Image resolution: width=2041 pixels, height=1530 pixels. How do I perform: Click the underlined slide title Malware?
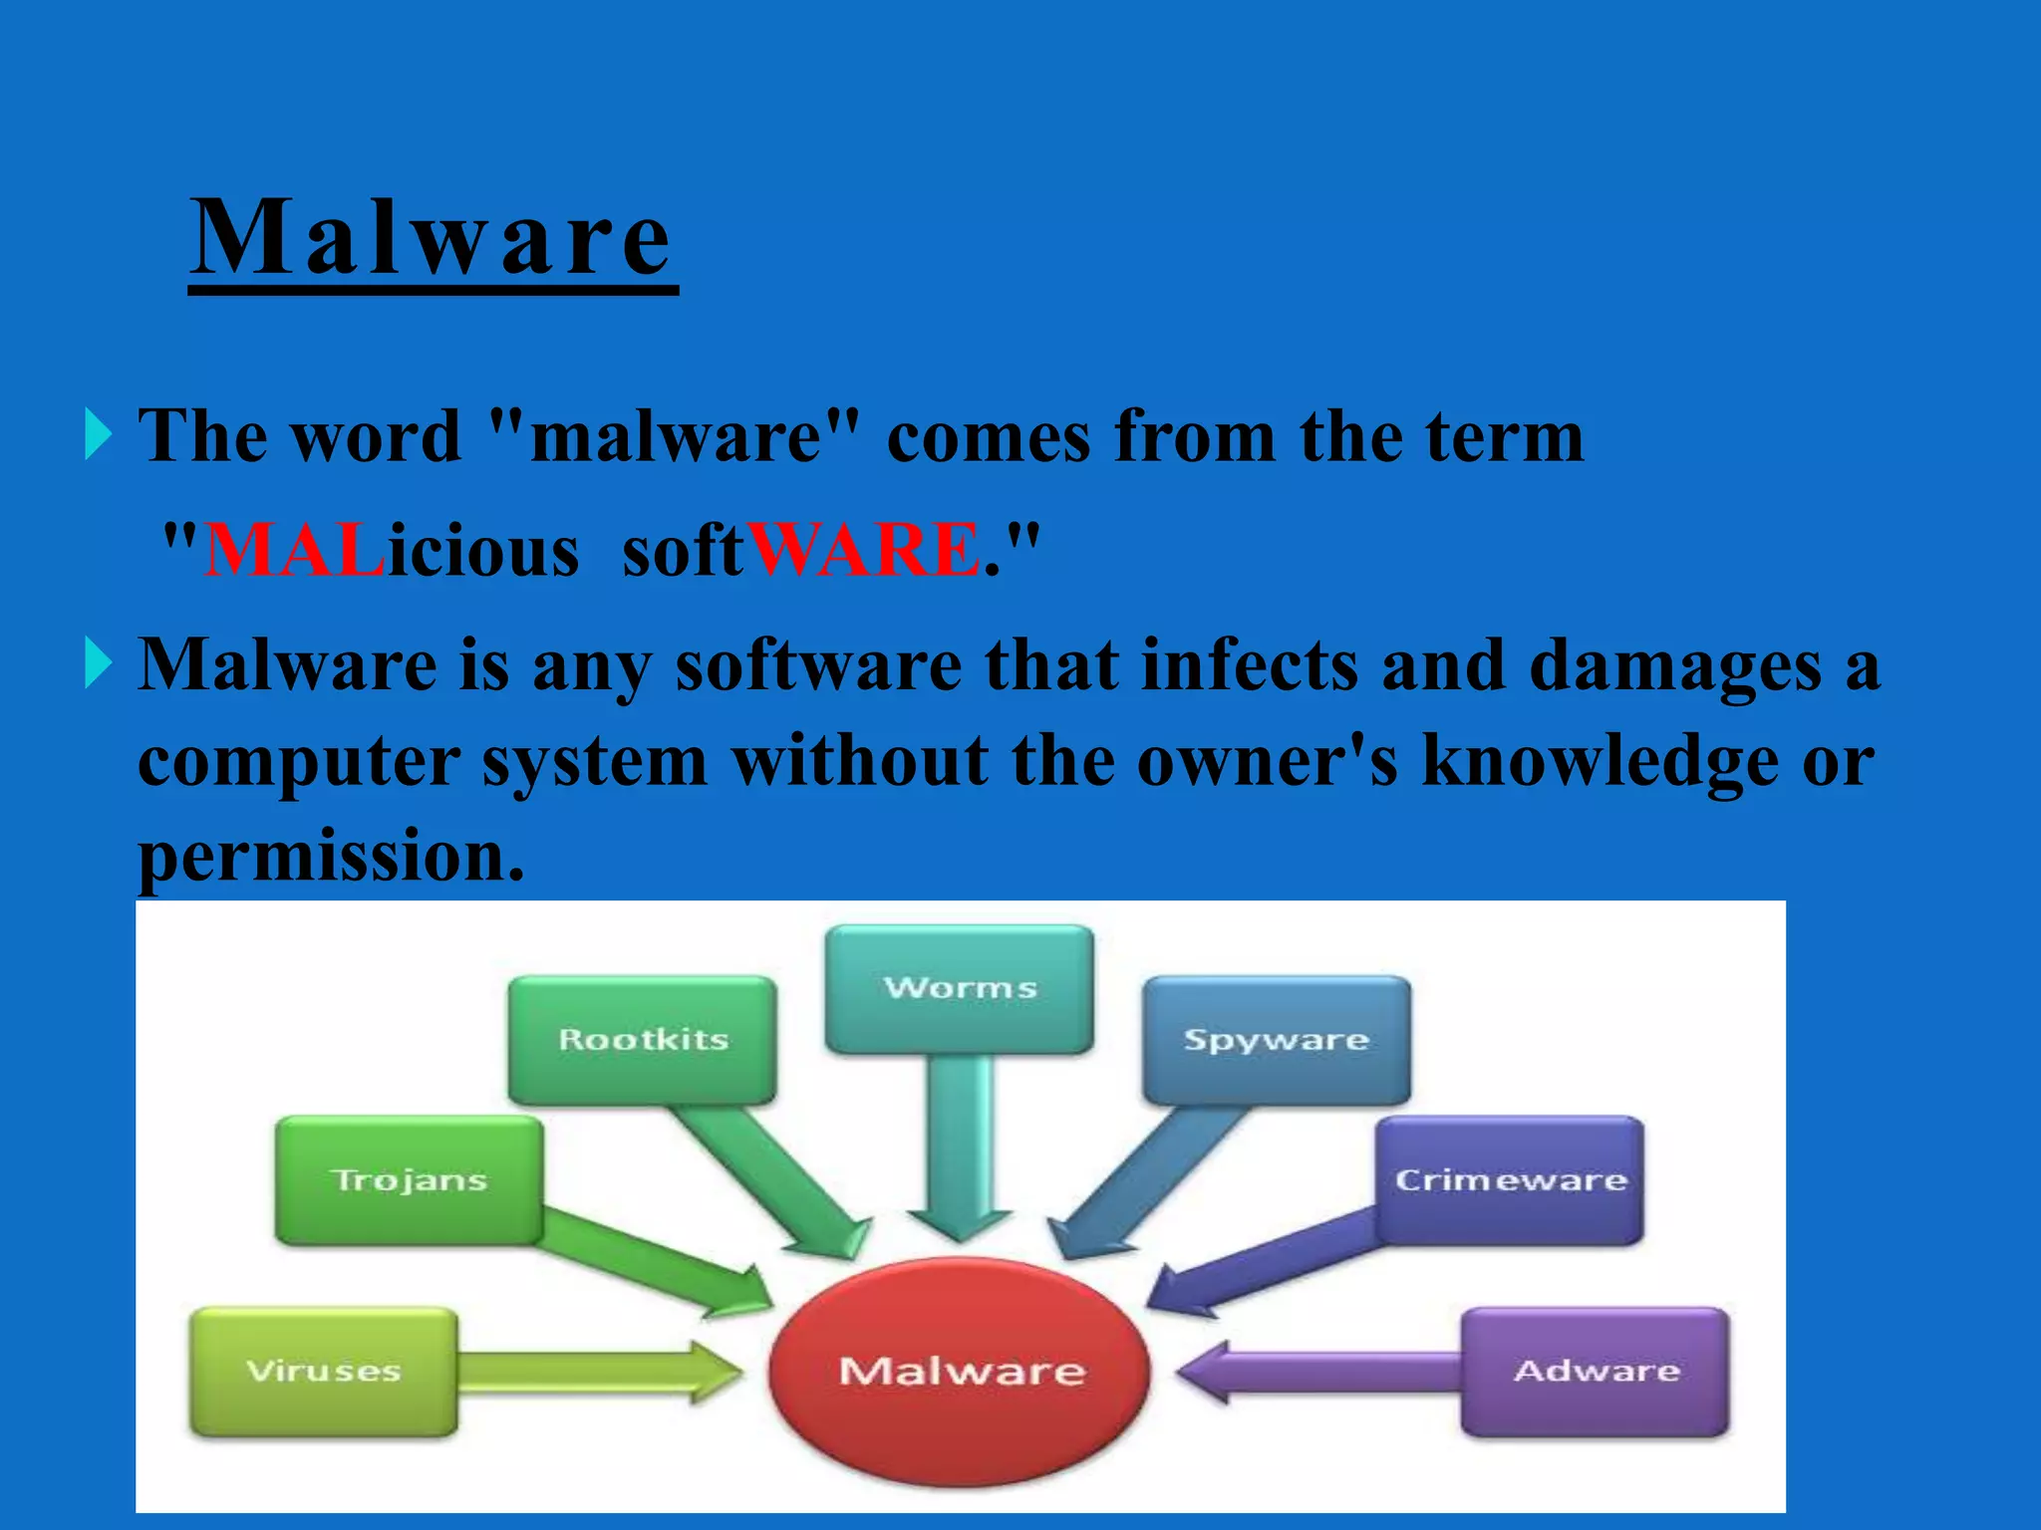point(432,239)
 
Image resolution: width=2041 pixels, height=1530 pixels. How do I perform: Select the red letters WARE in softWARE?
point(864,550)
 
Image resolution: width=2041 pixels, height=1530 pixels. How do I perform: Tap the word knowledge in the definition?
point(1600,761)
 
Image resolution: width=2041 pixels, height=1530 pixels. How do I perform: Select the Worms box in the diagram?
point(960,988)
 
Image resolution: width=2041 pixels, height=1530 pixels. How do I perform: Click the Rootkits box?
point(643,1040)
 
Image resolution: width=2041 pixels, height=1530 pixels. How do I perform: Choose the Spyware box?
point(1277,1040)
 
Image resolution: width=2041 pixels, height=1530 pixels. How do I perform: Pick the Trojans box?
point(409,1180)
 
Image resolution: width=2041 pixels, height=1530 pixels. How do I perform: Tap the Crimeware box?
point(1510,1180)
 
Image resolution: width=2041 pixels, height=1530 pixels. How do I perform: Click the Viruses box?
point(324,1372)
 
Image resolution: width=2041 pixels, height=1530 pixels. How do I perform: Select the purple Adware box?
point(1596,1372)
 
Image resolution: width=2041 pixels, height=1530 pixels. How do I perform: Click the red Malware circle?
point(960,1372)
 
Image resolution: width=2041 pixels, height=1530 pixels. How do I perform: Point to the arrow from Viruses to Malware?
point(598,1373)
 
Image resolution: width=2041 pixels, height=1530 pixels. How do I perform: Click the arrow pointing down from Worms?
point(960,1146)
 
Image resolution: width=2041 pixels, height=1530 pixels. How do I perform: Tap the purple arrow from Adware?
point(1315,1373)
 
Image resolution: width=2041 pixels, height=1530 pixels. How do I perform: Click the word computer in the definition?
point(298,761)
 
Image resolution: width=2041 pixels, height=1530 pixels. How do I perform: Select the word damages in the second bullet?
point(1674,665)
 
